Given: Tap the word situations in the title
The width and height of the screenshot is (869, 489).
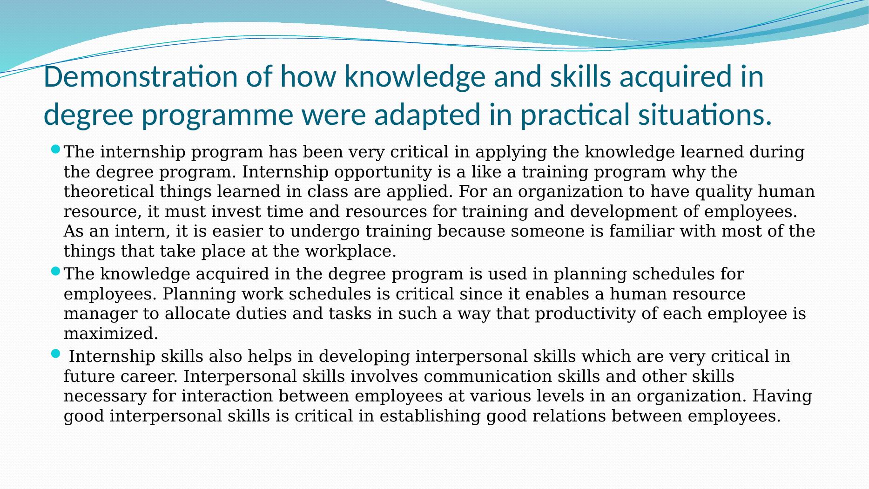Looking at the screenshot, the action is click(x=705, y=115).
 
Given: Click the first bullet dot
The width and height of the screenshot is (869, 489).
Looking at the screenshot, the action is click(x=55, y=149).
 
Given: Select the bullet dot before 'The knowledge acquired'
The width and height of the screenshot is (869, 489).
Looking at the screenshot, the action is click(x=55, y=271).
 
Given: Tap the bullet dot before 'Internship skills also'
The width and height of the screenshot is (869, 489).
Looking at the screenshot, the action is click(x=55, y=354).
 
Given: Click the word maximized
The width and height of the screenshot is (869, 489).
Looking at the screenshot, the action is click(x=111, y=333).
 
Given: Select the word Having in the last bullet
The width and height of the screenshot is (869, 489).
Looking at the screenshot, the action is click(x=782, y=396).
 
